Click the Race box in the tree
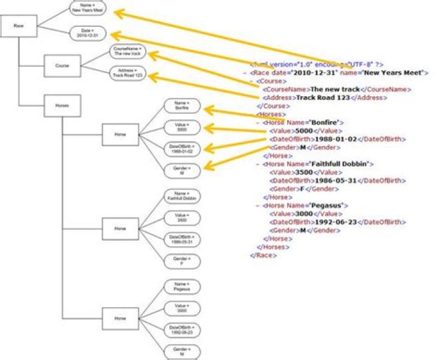[19, 26]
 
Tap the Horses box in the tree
[62, 106]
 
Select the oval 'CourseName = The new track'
[129, 51]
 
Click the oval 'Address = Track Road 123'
[129, 74]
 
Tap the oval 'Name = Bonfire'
[182, 106]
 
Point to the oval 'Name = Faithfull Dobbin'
[182, 196]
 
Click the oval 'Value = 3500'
[182, 217]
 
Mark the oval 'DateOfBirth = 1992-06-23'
[182, 330]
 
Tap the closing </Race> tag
[263, 256]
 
